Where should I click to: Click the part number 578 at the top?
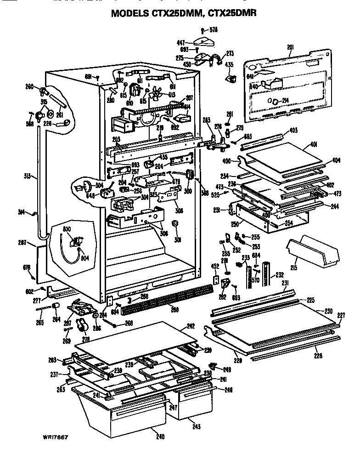click(x=214, y=30)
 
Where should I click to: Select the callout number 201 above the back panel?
click(x=290, y=47)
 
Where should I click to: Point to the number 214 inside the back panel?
click(x=285, y=101)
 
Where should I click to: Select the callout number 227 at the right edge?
click(x=341, y=315)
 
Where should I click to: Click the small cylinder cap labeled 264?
click(x=56, y=307)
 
